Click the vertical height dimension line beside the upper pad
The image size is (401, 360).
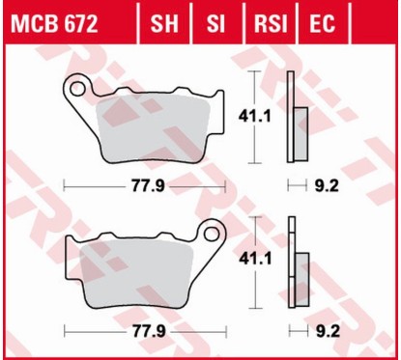pos(254,145)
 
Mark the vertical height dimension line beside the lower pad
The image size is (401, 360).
pos(254,290)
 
